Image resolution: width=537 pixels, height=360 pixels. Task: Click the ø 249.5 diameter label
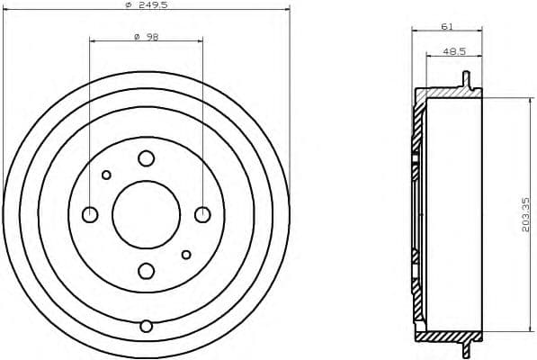tap(148, 5)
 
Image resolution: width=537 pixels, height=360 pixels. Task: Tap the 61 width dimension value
tap(446, 26)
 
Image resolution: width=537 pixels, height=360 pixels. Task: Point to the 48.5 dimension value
tap(453, 51)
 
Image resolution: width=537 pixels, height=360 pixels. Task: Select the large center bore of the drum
tap(146, 214)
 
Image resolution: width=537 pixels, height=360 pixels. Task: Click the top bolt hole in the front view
tap(146, 158)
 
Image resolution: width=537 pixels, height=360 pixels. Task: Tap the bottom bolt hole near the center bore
tap(146, 270)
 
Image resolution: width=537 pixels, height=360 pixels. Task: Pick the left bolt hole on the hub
tap(90, 214)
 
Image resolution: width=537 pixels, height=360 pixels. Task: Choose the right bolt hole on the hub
tap(202, 214)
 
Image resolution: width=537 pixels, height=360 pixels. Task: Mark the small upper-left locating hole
tap(106, 175)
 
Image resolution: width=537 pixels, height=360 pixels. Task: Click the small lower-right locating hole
tap(186, 255)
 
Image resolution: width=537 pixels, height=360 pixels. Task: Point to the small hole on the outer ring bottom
tap(146, 326)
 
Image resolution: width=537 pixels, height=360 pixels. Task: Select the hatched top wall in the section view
tap(445, 93)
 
